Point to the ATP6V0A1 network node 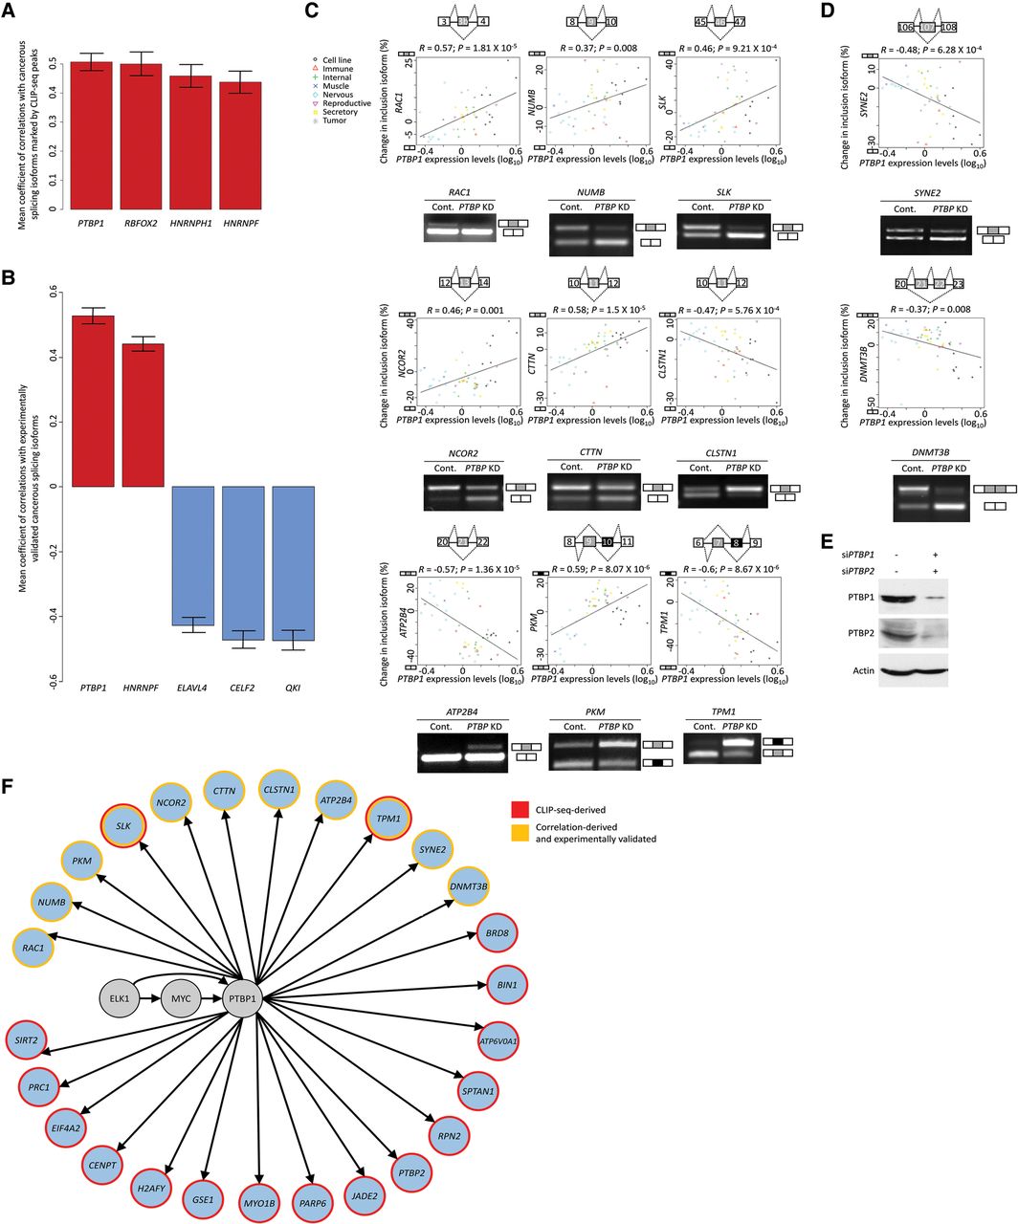coord(498,1039)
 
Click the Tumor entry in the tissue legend coord(336,121)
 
